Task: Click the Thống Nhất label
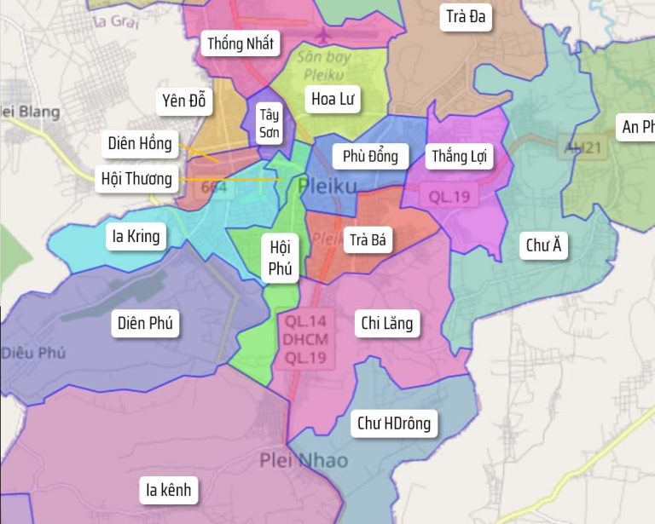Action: [x=241, y=44]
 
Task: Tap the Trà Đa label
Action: [x=466, y=16]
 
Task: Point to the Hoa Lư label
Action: [x=332, y=100]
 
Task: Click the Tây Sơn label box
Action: [x=270, y=124]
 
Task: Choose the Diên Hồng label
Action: [x=140, y=143]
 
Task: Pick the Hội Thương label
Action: [x=136, y=179]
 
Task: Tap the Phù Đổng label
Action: [x=370, y=156]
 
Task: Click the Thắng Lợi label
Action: [x=460, y=156]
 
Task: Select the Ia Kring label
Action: [x=136, y=236]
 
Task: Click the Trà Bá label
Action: [x=368, y=240]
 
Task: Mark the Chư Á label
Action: [x=543, y=246]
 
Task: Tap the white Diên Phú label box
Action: [x=145, y=323]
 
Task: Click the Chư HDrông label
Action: [x=394, y=423]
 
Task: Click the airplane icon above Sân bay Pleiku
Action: [x=324, y=36]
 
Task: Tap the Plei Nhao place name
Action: [x=304, y=461]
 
